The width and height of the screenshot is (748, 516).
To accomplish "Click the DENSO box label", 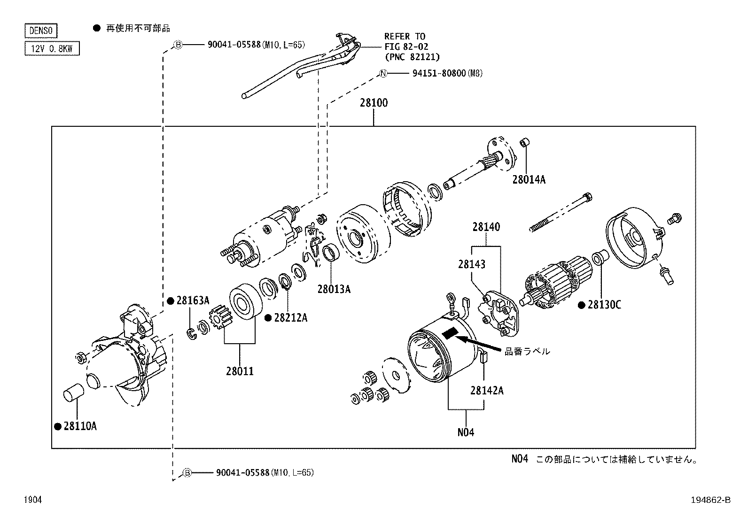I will pos(40,31).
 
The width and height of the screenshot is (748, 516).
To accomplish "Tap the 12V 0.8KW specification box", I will pos(52,48).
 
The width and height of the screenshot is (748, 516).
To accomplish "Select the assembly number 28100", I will pos(374,103).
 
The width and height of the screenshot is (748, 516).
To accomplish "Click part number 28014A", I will pos(529,179).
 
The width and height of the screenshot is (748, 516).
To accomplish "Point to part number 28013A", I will pos(334,289).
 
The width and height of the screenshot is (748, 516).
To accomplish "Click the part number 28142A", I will pos(487,391).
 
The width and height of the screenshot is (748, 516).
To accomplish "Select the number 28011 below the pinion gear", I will pos(240,371).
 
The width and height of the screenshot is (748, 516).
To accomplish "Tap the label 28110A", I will pos(80,426).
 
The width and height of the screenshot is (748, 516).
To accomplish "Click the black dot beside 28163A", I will pos(171,300).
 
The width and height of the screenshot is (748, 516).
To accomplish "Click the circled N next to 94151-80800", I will pos(383,73).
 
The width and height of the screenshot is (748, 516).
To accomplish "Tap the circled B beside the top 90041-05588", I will pos(178,45).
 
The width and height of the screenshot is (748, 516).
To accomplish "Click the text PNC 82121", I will pos(412,57).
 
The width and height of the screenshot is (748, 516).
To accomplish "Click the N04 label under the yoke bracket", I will pos(466,432).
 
